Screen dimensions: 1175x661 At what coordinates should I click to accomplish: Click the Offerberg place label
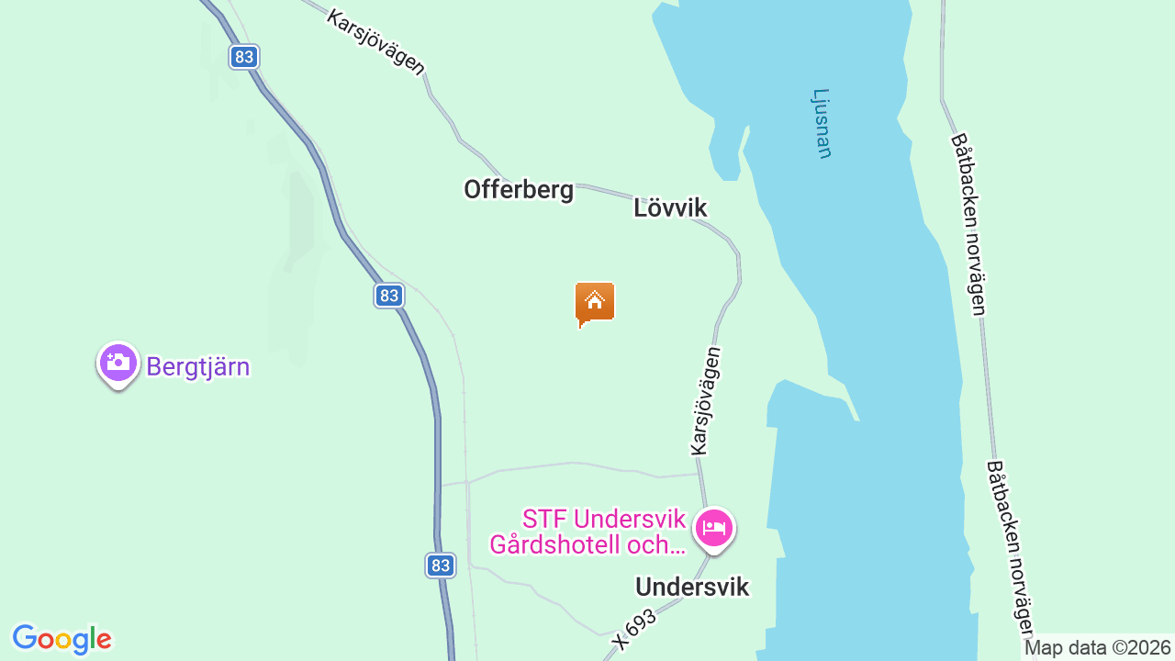pos(519,190)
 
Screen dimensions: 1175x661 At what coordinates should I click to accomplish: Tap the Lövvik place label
pos(670,207)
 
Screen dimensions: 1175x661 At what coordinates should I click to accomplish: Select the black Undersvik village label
pos(692,587)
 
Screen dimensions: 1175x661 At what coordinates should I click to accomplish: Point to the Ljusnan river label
pos(822,123)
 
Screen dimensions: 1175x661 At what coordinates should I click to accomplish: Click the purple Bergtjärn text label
pos(198,367)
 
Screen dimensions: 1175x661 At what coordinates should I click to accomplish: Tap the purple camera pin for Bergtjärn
pos(117,363)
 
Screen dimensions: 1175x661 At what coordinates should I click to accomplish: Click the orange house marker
pos(595,303)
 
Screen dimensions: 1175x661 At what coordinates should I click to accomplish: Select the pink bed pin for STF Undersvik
pos(714,528)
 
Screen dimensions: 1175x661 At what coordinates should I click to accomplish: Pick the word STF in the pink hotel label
pos(543,520)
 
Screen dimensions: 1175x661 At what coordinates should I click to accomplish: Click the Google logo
pos(62,639)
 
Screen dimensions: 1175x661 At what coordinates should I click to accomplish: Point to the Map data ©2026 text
pos(1098,647)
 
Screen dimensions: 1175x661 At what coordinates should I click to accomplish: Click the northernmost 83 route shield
pos(243,57)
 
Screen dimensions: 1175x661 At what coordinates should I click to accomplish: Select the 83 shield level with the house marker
pos(389,295)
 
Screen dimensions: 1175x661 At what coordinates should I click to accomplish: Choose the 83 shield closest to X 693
pos(441,565)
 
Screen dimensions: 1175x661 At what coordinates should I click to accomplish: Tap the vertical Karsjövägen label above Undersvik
pos(707,400)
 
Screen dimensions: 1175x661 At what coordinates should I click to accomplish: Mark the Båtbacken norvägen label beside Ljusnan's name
pos(968,225)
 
